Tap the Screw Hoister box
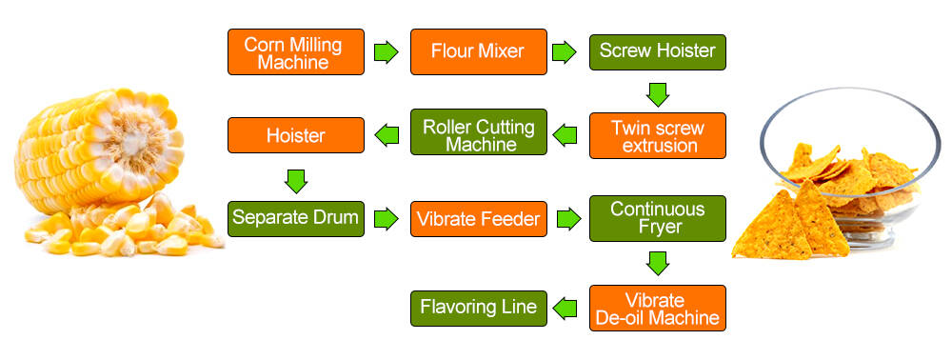(657, 51)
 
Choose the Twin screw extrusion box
(657, 135)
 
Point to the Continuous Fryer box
(657, 218)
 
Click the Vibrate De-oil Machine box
(657, 308)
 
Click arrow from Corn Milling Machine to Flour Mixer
(385, 51)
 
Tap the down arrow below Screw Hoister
(657, 93)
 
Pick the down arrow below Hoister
(295, 178)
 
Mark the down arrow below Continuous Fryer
(657, 262)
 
